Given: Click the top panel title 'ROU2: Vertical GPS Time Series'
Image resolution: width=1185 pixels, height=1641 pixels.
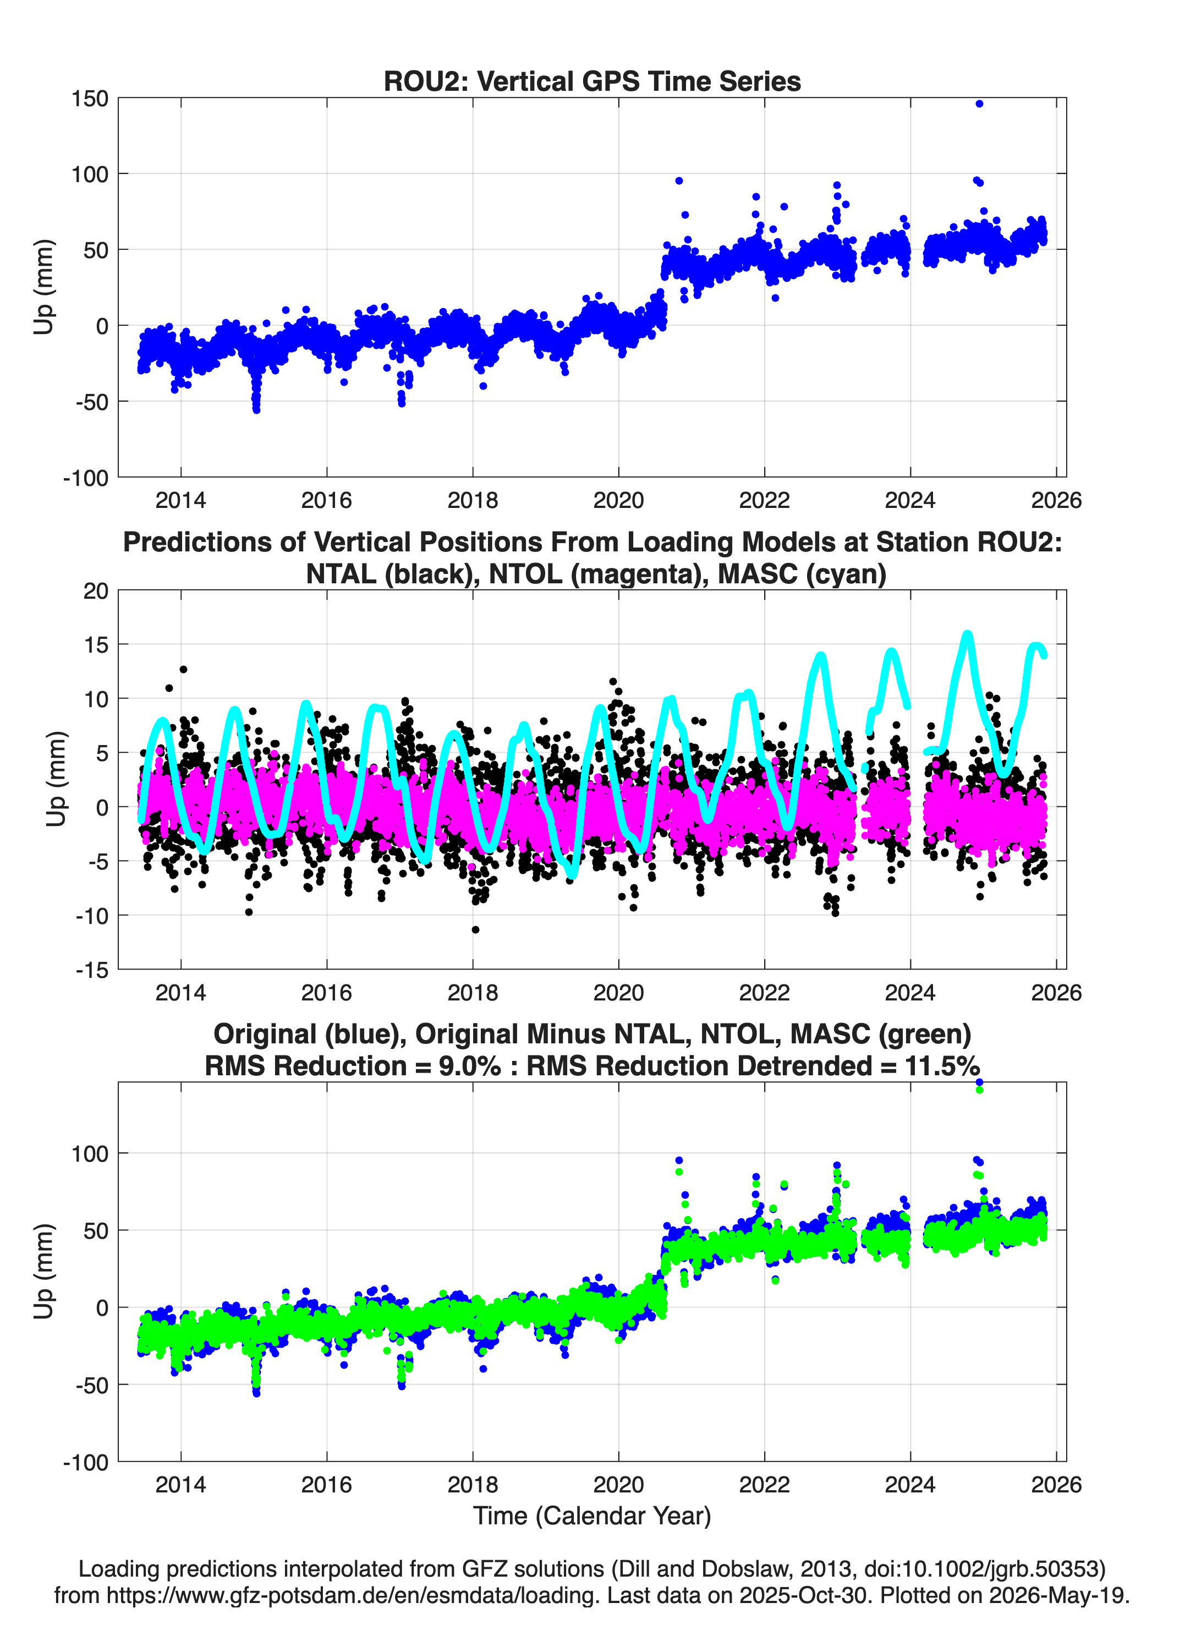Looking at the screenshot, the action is pyautogui.click(x=592, y=81).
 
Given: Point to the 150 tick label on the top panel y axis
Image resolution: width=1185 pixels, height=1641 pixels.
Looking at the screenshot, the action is pyautogui.click(x=90, y=99).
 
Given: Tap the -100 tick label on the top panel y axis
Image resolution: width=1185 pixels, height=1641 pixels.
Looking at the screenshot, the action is pyautogui.click(x=85, y=478).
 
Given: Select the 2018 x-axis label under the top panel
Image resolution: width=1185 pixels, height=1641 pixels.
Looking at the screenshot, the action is pyautogui.click(x=473, y=500).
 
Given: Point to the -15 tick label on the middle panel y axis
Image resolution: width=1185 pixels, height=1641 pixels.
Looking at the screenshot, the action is pyautogui.click(x=92, y=970).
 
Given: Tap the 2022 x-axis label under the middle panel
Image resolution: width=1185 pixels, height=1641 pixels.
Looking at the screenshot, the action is pyautogui.click(x=764, y=992).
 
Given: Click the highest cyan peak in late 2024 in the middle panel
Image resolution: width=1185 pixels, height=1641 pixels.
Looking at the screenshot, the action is pyautogui.click(x=967, y=635).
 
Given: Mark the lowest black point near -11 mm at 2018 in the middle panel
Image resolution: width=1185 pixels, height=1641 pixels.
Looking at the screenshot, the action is pyautogui.click(x=475, y=930).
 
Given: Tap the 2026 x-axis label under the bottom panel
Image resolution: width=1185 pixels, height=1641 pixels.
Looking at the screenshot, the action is pyautogui.click(x=1056, y=1484).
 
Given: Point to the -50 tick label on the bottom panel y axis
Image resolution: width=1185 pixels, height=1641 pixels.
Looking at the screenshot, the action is pyautogui.click(x=92, y=1385).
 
